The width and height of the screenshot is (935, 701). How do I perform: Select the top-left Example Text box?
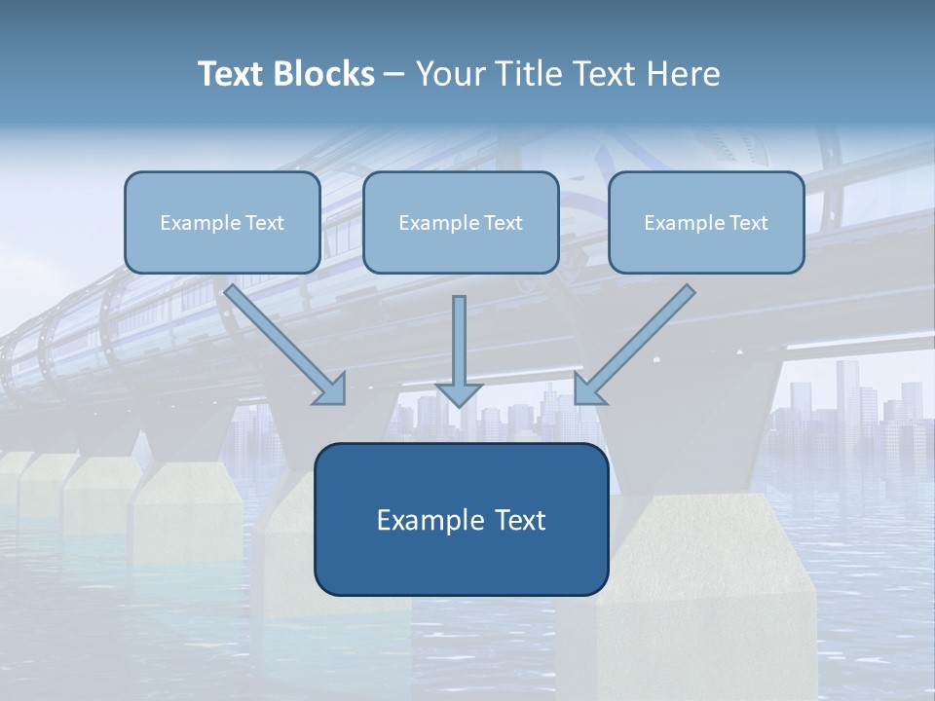click(222, 222)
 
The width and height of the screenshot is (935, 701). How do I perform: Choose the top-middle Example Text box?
click(461, 222)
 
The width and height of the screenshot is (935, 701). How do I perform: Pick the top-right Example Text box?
click(706, 222)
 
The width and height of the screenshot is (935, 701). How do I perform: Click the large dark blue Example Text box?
click(461, 519)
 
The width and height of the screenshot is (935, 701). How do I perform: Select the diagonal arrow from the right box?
click(638, 341)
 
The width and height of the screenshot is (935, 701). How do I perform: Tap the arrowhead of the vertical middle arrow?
click(459, 394)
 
